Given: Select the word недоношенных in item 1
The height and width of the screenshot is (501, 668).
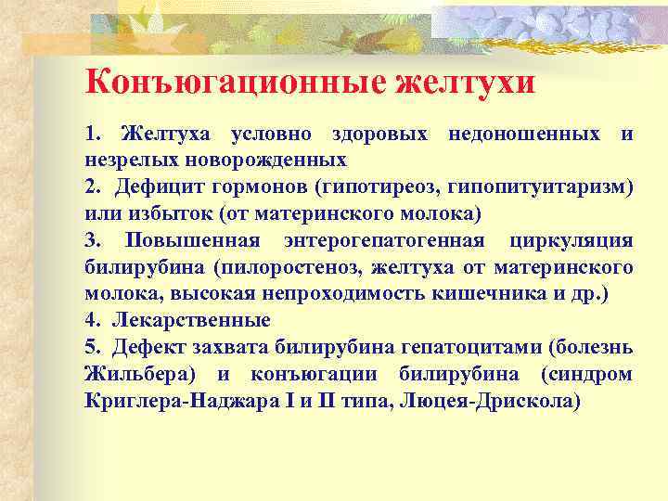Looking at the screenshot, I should (524, 136).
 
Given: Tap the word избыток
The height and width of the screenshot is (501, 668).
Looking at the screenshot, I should (164, 215).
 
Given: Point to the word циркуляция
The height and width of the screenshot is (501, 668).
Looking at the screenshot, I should (572, 241).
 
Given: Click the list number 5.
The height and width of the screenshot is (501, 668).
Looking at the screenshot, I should (89, 348).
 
